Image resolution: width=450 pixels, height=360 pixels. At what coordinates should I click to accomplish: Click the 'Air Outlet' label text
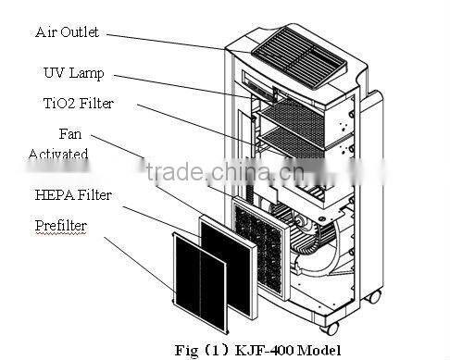68,31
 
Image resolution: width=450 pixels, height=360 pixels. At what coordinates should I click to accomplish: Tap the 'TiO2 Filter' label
79,103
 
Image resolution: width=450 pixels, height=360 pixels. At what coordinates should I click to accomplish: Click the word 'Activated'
57,154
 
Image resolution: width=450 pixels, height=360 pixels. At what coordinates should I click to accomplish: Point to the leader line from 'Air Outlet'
167,40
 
